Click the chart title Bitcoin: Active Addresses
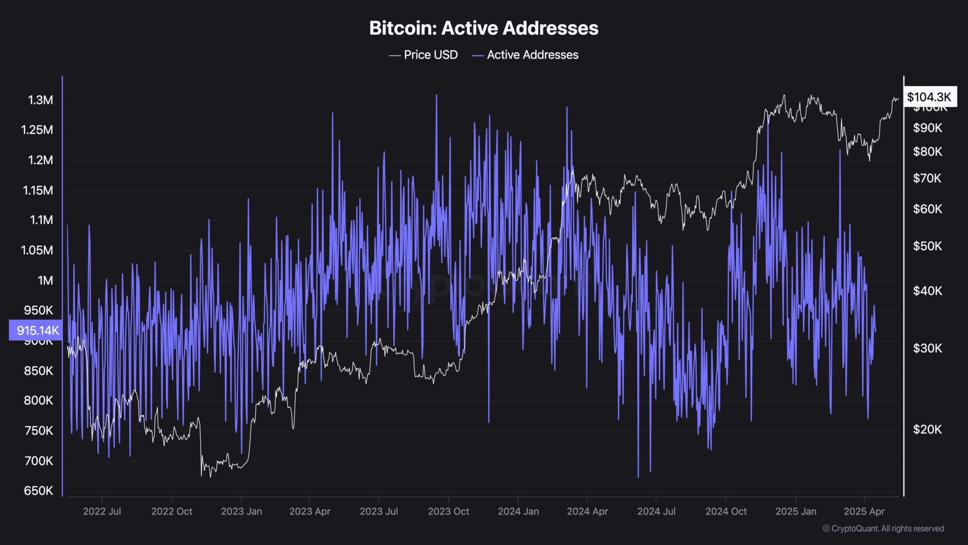pos(484,28)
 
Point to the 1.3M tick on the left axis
pos(41,100)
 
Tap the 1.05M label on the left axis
pos(37,250)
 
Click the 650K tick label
pos(39,491)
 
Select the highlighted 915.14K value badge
pos(36,330)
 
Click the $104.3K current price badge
pos(929,97)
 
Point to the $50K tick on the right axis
pos(927,246)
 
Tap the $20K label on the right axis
pos(927,430)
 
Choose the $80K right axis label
pos(927,152)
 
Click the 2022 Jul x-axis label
pos(102,511)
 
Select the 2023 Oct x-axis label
pos(449,511)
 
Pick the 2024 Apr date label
pos(587,511)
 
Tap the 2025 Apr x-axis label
pos(864,511)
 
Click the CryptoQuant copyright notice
pos(883,528)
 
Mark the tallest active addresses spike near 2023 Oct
pos(436,96)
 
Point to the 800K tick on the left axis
pos(39,401)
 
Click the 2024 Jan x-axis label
pos(518,511)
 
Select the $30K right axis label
pos(927,349)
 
